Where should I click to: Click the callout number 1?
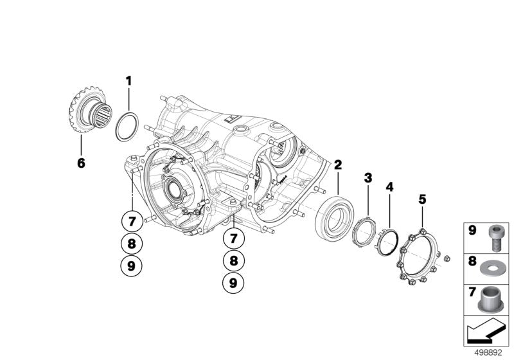(x=128, y=81)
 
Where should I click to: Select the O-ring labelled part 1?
(x=126, y=127)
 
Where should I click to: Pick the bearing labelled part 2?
(x=333, y=219)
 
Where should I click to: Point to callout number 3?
(x=368, y=177)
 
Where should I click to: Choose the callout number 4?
(x=389, y=187)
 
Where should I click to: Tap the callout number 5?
(x=421, y=199)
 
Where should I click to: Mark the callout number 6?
(x=81, y=163)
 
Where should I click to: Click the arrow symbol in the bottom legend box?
(x=486, y=334)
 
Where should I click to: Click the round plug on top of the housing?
(x=243, y=131)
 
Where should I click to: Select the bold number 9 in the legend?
(x=472, y=230)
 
